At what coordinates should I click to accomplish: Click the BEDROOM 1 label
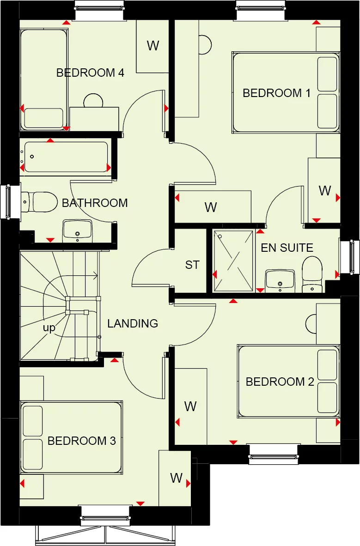tap(276, 93)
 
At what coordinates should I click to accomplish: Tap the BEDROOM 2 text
tap(280, 382)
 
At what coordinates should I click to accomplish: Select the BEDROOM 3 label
tap(81, 441)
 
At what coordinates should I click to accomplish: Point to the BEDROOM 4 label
tap(90, 73)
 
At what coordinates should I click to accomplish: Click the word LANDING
tap(133, 323)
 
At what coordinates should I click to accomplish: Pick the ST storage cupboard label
tap(192, 265)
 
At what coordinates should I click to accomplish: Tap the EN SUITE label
tap(287, 248)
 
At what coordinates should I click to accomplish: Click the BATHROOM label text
tap(95, 203)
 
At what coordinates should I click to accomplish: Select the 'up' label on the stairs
tap(49, 328)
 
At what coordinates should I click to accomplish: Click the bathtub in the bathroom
tap(66, 157)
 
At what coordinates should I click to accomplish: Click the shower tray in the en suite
tap(234, 261)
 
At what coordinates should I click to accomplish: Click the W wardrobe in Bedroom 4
tap(153, 46)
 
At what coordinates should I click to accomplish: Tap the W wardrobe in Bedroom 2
tap(190, 406)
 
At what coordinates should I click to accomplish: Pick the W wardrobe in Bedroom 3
tap(175, 478)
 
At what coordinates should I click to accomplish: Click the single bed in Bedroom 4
tap(44, 79)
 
